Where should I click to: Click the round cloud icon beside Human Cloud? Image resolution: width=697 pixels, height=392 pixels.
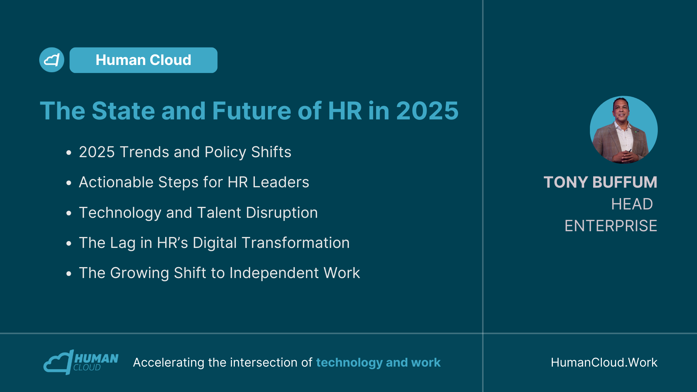coord(52,60)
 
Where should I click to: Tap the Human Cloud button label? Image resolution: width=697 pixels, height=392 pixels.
coord(143,60)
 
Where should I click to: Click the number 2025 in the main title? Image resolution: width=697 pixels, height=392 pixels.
coord(427,111)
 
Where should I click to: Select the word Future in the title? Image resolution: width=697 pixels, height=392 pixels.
coord(252,111)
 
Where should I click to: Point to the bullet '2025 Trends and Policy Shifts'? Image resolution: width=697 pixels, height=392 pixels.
coord(185,152)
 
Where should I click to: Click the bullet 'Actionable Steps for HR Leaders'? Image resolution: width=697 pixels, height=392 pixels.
coord(194,182)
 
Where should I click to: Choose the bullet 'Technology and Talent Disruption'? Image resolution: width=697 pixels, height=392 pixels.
coord(198,213)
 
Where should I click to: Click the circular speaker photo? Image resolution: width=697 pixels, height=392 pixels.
coord(624,130)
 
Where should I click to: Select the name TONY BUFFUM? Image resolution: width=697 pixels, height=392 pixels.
coord(600,182)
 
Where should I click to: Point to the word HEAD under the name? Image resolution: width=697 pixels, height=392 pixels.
coord(632,204)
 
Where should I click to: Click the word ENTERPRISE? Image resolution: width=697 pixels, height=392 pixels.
coord(611,226)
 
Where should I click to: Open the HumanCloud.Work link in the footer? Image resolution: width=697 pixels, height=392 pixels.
coord(604,362)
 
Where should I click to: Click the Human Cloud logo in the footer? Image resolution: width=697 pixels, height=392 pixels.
coord(81,362)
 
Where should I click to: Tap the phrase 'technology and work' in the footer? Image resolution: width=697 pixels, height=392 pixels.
coord(378,363)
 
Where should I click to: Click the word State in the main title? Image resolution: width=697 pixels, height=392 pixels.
coord(123,111)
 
